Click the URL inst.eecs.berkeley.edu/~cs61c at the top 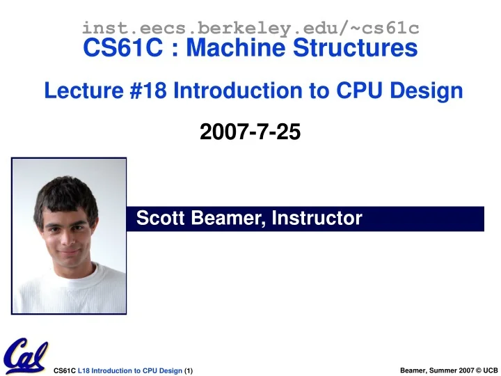(x=250, y=28)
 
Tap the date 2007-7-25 (x=250, y=131)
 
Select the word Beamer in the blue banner (x=225, y=219)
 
